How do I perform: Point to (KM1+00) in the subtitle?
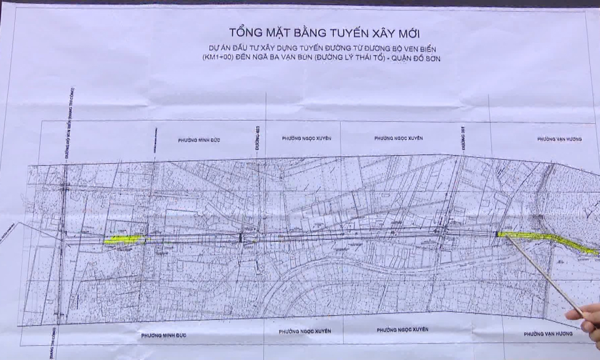(217, 59)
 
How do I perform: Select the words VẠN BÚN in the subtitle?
(304, 59)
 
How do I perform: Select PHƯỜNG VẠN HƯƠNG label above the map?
(559, 139)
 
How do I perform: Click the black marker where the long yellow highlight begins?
(497, 234)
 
